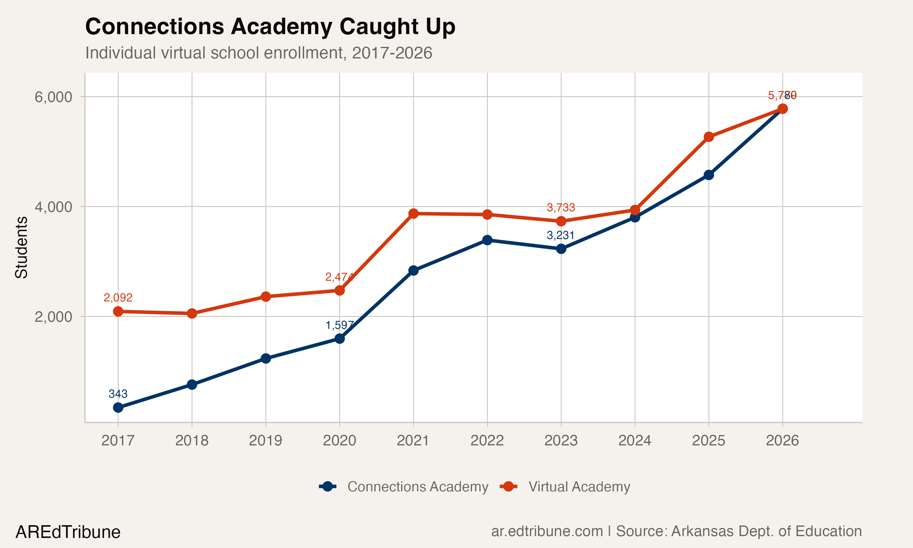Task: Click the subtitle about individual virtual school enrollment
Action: pos(258,53)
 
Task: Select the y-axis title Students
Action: pos(21,248)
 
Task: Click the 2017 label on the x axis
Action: pos(118,441)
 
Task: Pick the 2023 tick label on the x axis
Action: pos(561,441)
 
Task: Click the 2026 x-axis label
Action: pos(782,441)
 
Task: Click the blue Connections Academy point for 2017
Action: pos(118,408)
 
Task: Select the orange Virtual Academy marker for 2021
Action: pos(413,213)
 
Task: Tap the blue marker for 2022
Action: pos(487,240)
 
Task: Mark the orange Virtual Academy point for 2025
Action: pos(708,137)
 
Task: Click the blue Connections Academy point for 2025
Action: pos(708,175)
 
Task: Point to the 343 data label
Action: pos(118,394)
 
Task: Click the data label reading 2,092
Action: pos(118,297)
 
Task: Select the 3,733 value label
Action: pos(561,208)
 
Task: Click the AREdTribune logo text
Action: pos(68,532)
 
